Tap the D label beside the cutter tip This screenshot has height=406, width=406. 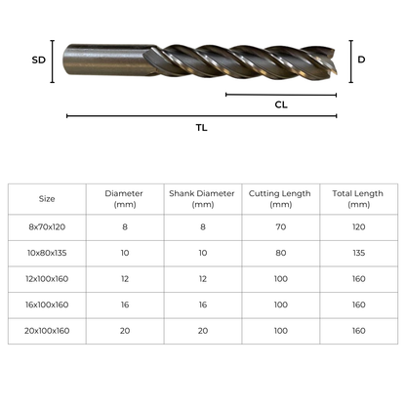pos(361,60)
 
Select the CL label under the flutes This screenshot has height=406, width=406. pos(281,104)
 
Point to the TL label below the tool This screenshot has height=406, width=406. pos(201,127)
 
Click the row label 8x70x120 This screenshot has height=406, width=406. pos(47,225)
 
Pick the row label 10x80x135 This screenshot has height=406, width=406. pos(47,252)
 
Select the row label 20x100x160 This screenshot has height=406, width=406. pos(47,331)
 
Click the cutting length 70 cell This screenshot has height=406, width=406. pos(281,225)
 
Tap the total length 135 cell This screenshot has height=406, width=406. pos(358,252)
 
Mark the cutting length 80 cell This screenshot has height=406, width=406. pos(281,252)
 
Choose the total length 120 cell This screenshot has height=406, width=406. pos(358,225)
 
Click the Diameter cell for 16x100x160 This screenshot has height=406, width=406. pos(125,304)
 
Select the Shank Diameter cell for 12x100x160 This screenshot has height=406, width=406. pos(203,278)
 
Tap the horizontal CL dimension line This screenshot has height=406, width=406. pos(281,95)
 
